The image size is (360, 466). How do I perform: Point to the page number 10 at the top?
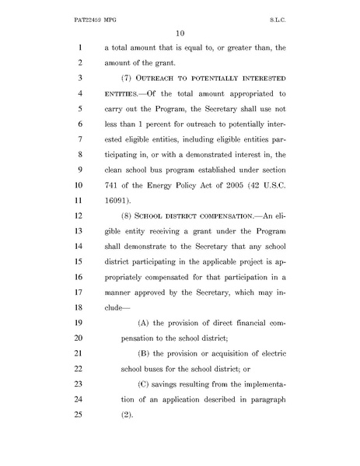(x=180, y=32)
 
